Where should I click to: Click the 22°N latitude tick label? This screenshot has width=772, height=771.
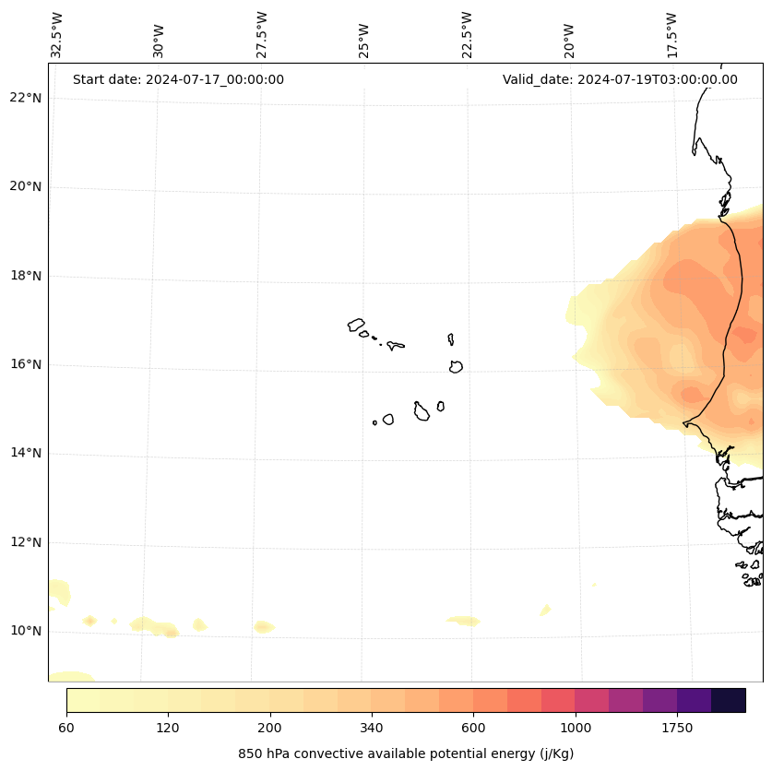pos(26,98)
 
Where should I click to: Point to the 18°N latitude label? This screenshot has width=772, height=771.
pos(26,276)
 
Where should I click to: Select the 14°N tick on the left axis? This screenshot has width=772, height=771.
pos(26,453)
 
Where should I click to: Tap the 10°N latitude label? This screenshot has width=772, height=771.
pos(26,631)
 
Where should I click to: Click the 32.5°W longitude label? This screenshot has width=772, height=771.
pos(57,35)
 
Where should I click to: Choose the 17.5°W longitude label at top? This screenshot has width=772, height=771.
pos(672,35)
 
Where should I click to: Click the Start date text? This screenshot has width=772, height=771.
pos(178,79)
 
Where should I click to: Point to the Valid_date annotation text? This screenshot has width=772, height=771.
pos(620,79)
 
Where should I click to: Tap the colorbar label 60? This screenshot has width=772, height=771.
pos(66,728)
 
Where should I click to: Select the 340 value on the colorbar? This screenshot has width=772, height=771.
pos(372,728)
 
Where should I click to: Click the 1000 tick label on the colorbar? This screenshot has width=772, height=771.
pos(576,728)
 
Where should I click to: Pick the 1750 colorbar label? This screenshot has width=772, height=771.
pos(677,728)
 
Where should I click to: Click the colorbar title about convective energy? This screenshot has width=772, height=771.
pos(406,753)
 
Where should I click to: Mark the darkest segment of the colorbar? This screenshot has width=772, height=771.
pos(729,700)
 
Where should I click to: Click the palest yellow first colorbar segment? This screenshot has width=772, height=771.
pos(83,700)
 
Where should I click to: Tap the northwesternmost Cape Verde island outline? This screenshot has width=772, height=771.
pos(356,325)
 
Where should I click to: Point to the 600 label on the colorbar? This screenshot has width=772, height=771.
pos(473,728)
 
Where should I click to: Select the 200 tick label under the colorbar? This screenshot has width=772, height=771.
pos(270,728)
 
